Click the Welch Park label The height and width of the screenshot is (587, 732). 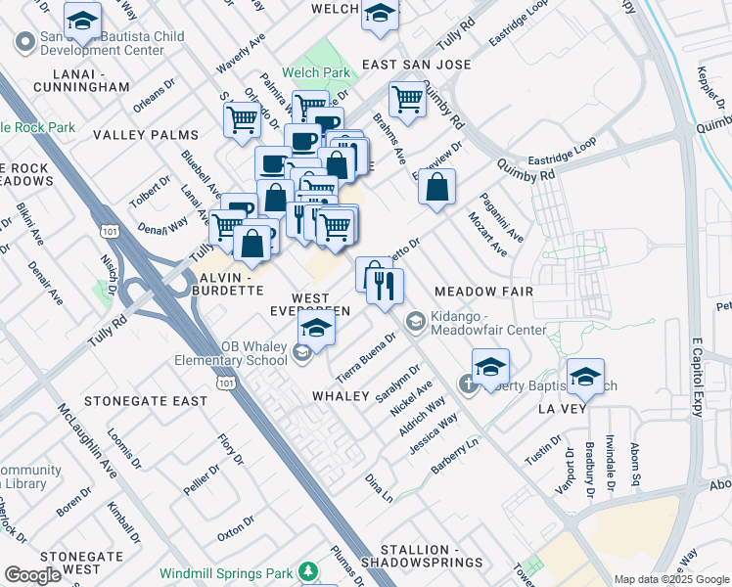(315, 71)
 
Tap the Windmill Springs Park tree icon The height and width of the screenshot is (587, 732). (309, 569)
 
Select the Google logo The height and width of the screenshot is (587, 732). (32, 575)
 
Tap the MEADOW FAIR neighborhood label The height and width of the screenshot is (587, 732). (483, 292)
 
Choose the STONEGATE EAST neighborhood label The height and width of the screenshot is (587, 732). (145, 401)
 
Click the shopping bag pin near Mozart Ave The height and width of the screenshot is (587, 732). (436, 187)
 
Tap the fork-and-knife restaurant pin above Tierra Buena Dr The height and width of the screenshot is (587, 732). (386, 287)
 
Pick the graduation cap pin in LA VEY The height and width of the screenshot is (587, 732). (585, 376)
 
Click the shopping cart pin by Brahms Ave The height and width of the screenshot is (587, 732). (406, 98)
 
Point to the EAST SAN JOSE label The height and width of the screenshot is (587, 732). (417, 65)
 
